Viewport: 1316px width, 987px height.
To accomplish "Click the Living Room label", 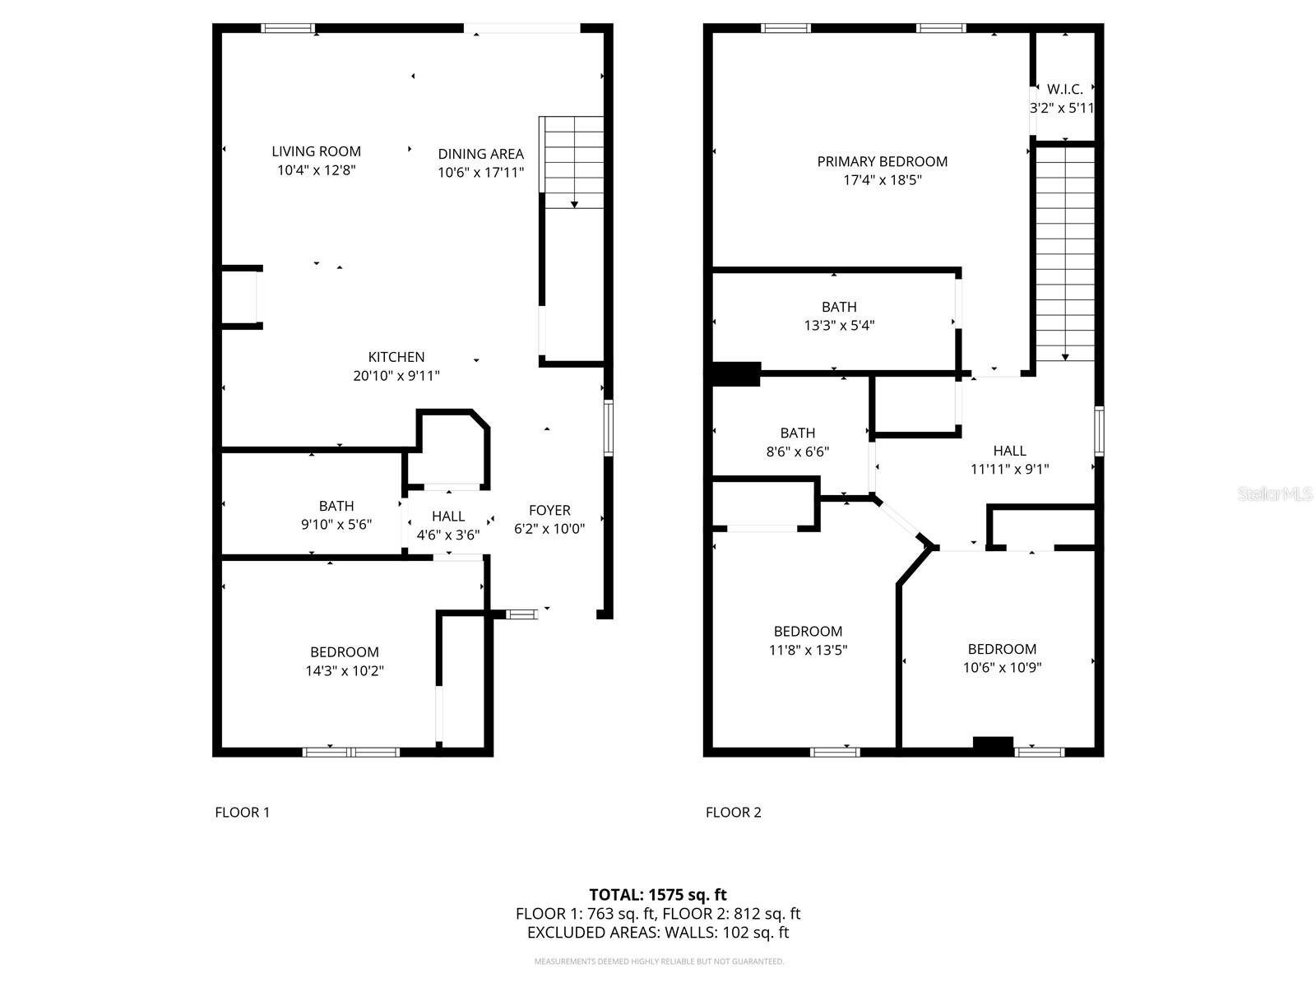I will click(x=316, y=151).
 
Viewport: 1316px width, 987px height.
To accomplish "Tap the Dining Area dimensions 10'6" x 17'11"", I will click(x=480, y=173).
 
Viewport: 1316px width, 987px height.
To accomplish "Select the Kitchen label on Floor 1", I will click(x=396, y=357).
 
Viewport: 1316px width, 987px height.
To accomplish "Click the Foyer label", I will click(x=549, y=510).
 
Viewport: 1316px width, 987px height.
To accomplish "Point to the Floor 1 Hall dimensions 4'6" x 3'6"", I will click(x=447, y=535).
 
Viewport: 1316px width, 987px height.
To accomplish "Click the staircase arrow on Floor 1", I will click(x=574, y=204).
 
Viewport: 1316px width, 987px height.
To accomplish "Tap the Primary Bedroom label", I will click(x=882, y=162).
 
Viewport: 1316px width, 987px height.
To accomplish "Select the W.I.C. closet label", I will click(x=1064, y=90).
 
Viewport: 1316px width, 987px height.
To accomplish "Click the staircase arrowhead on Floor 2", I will click(x=1065, y=357).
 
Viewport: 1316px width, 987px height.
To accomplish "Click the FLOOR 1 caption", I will click(x=242, y=813).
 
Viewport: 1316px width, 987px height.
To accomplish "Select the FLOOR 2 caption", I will click(x=733, y=813).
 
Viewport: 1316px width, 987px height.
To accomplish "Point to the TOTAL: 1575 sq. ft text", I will click(x=657, y=894).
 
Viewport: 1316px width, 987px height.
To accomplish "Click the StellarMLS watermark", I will click(x=1274, y=493).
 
